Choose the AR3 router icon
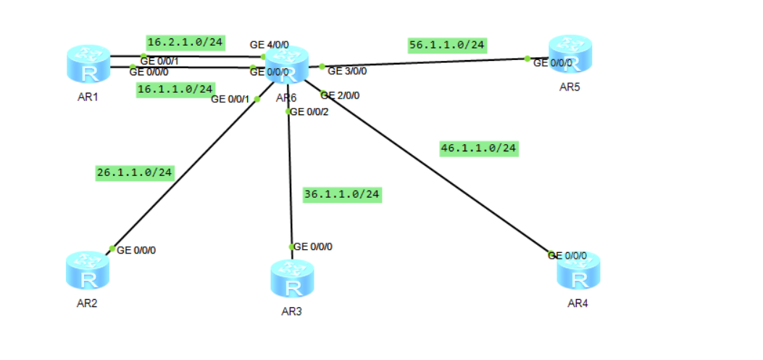(293, 278)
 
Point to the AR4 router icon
(579, 270)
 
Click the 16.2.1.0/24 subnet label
(185, 42)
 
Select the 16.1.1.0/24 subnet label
(175, 89)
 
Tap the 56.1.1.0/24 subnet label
(446, 45)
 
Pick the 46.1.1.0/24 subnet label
(479, 148)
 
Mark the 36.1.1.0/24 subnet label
(342, 194)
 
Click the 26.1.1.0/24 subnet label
(135, 172)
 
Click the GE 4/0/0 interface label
(269, 45)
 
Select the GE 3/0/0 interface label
(347, 71)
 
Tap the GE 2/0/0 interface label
(341, 95)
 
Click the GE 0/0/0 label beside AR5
(553, 63)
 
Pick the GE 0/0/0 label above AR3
(313, 247)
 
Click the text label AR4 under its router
(578, 303)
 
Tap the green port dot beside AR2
(112, 249)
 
